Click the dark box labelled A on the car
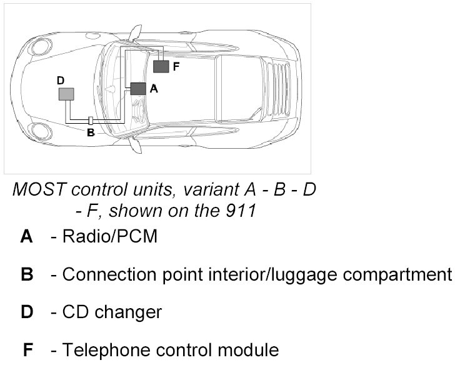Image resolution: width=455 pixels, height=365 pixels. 138,89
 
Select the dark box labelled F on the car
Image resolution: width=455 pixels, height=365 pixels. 161,66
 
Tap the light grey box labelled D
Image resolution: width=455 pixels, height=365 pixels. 66,94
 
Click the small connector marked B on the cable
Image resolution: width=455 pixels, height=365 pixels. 91,120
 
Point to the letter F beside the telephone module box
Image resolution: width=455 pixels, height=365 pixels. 176,66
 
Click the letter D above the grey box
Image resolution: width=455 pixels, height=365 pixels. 60,81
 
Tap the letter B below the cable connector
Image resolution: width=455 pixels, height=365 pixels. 91,132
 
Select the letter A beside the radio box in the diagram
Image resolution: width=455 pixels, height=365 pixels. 154,89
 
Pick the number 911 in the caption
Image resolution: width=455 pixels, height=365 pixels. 241,211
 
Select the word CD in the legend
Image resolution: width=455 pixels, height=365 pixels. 74,312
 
